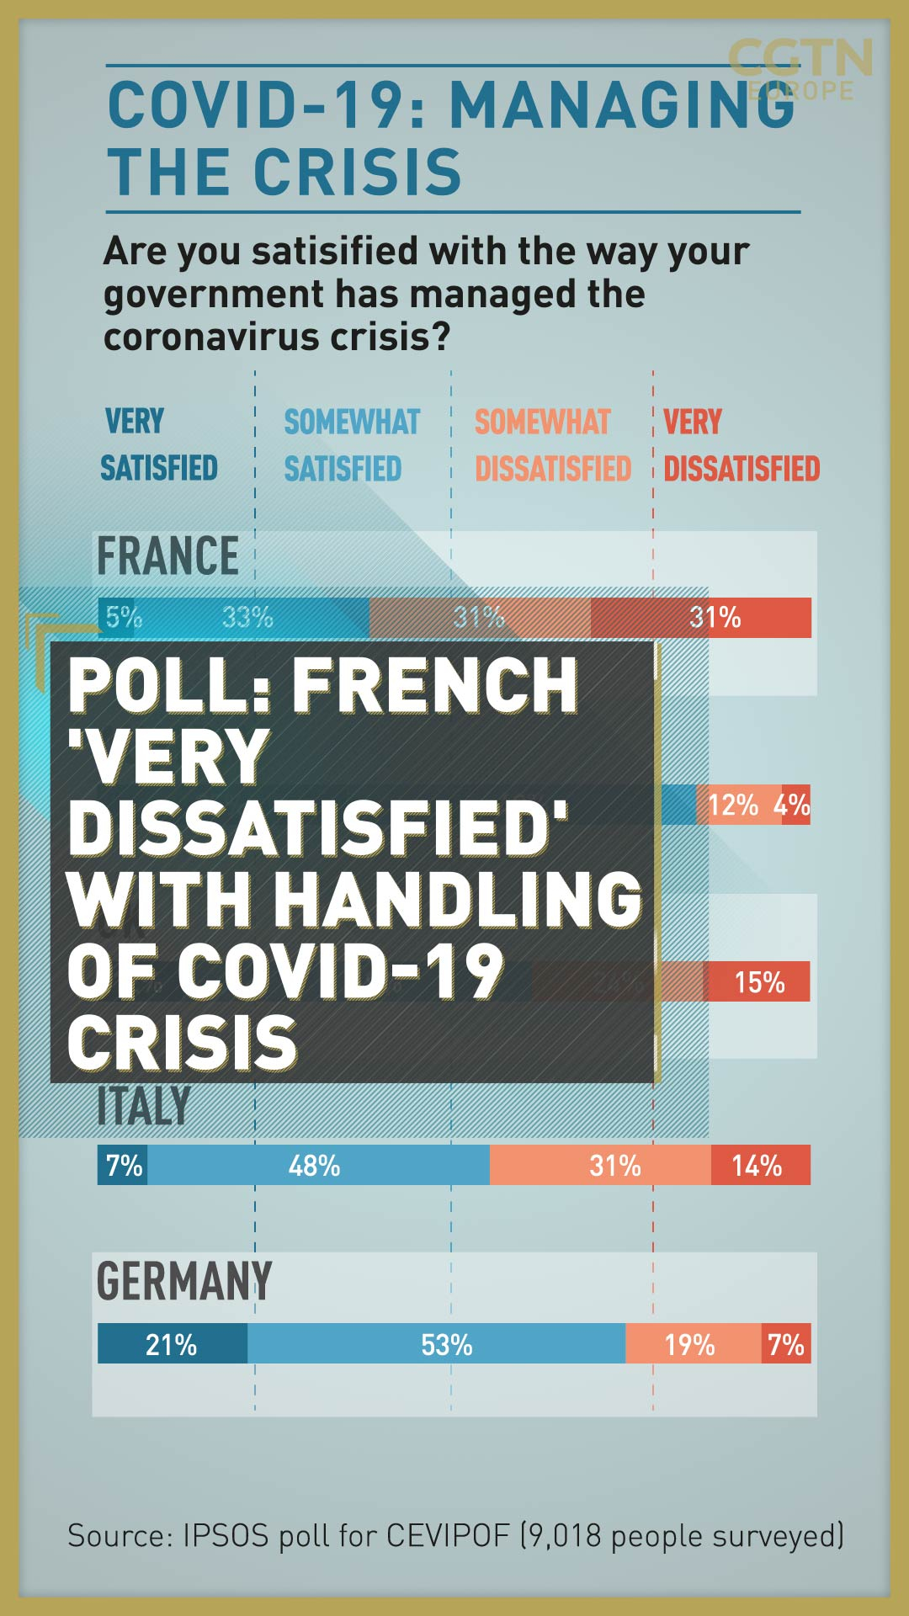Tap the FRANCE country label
coord(167,556)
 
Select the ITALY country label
coord(144,1106)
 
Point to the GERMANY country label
coord(183,1282)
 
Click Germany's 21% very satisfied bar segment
coord(172,1344)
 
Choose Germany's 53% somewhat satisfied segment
coord(436,1344)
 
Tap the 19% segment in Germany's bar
coord(693,1344)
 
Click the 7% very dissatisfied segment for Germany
coord(786,1344)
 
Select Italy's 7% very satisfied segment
coord(123,1166)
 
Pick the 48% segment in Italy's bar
coord(318,1166)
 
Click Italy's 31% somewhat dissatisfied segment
coord(600,1166)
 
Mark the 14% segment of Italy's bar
coord(760,1166)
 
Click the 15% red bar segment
coord(757,982)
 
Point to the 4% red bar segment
coord(796,805)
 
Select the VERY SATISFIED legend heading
coord(159,444)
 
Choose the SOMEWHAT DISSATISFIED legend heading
coord(552,444)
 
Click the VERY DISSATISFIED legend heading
coord(741,444)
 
